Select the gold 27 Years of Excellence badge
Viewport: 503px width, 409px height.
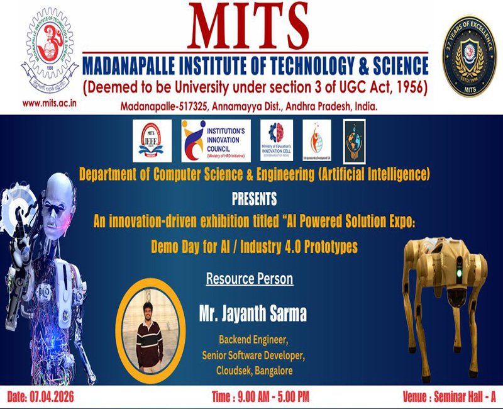pyautogui.click(x=467, y=57)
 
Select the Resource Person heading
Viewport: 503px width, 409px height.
pyautogui.click(x=249, y=277)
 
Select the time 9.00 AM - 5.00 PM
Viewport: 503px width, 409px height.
pyautogui.click(x=261, y=398)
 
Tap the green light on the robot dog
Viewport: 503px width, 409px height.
pyautogui.click(x=459, y=274)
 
